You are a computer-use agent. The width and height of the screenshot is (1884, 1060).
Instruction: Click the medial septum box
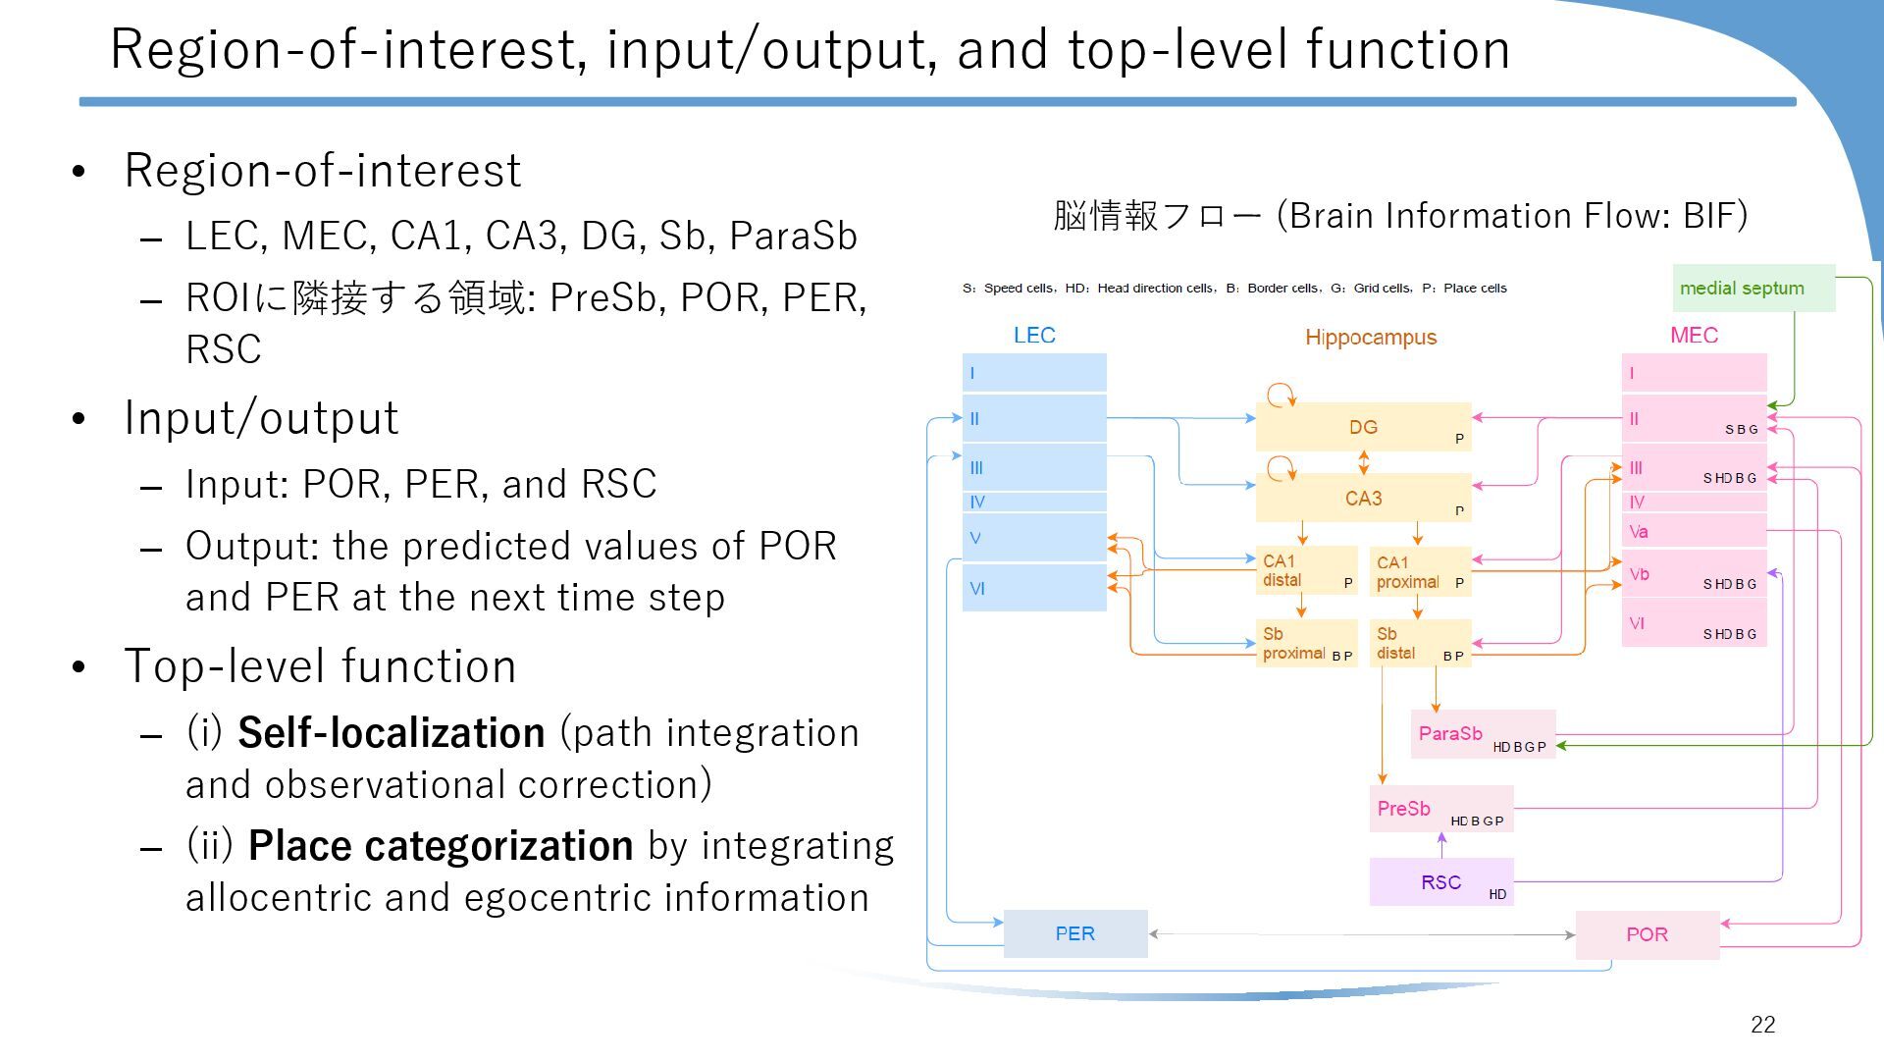pos(1753,289)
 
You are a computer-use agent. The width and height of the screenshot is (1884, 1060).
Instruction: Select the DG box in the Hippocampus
pos(1363,427)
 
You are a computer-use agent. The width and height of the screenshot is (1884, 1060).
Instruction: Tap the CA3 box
pos(1363,499)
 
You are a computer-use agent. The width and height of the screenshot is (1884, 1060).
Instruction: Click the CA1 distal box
pos(1306,570)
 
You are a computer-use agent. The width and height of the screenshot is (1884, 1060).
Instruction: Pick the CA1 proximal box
pos(1419,571)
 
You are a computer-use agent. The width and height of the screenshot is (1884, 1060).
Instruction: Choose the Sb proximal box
pos(1306,643)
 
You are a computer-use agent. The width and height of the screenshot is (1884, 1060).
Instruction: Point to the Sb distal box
pos(1419,643)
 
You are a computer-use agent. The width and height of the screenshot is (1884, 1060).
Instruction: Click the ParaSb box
pos(1483,734)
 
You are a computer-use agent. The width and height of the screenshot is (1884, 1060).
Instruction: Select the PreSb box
pos(1440,809)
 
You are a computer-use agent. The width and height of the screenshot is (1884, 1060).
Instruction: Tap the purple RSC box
pos(1440,881)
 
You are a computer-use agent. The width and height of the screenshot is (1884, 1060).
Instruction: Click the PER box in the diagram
pos(1074,933)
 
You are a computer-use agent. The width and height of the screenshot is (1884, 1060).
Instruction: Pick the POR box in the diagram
pos(1647,934)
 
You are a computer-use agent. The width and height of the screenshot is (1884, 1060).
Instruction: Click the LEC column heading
pos(1034,336)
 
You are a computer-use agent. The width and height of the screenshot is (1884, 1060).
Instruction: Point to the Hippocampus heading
pos(1371,338)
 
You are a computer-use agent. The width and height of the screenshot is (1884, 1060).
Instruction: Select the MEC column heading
pos(1694,336)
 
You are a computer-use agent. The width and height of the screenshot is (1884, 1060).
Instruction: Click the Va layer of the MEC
pos(1693,532)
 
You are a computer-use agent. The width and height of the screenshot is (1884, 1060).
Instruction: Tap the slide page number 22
pos(1762,1025)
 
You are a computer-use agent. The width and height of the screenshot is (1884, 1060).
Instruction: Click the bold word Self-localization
pos(391,733)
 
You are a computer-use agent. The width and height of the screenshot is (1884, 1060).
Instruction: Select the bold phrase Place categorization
pos(440,846)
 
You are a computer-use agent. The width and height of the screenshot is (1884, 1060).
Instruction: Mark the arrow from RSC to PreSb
pos(1441,845)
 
